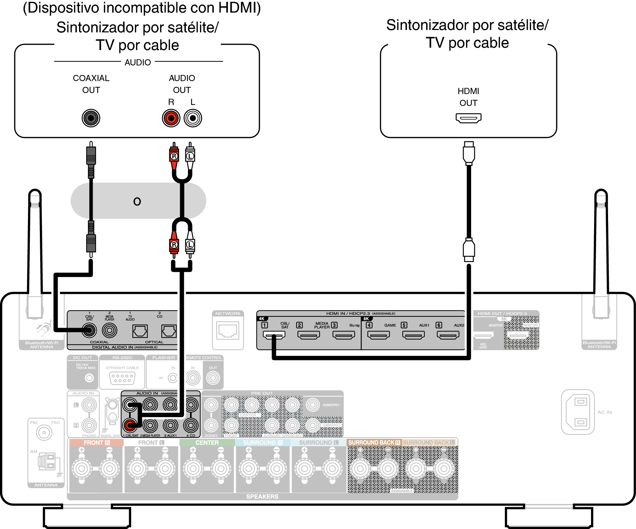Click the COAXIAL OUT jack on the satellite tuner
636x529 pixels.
(91, 118)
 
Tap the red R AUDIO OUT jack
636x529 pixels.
(171, 118)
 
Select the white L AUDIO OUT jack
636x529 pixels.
(193, 118)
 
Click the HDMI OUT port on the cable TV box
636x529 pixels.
(468, 118)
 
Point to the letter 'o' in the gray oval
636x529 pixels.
(137, 202)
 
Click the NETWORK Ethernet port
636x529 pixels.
(228, 331)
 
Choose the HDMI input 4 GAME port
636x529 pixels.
(378, 335)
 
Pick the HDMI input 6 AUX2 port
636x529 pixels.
(448, 335)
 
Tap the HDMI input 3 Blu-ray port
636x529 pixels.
(344, 335)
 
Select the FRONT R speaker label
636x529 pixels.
(96, 442)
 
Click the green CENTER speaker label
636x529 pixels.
(207, 442)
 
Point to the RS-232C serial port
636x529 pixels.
(122, 378)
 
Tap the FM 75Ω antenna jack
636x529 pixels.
(44, 433)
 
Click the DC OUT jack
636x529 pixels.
(89, 378)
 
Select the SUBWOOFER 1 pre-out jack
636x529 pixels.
(313, 405)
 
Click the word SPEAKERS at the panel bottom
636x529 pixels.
(262, 497)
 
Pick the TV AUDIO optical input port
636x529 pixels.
(140, 331)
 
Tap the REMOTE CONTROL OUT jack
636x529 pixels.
(213, 378)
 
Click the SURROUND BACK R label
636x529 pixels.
(374, 442)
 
